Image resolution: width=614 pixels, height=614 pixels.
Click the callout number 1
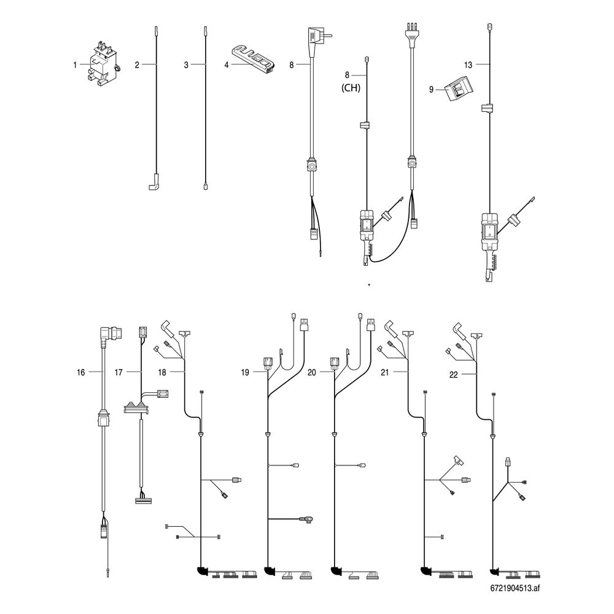click(75, 65)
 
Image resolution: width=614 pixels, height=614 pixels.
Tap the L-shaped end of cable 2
click(154, 182)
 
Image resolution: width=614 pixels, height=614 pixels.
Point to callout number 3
click(186, 65)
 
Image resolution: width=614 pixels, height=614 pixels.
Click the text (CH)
click(351, 88)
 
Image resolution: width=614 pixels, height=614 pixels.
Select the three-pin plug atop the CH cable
click(411, 35)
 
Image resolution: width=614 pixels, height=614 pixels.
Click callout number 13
click(468, 65)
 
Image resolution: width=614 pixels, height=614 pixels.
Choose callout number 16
click(80, 373)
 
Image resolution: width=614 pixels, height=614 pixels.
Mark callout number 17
click(119, 373)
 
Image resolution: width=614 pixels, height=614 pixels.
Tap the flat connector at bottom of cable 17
click(143, 501)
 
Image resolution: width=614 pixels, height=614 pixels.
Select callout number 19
click(245, 373)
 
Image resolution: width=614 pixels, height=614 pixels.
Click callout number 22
click(454, 375)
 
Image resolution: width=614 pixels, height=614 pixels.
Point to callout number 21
click(385, 373)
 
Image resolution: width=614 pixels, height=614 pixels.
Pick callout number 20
click(312, 373)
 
